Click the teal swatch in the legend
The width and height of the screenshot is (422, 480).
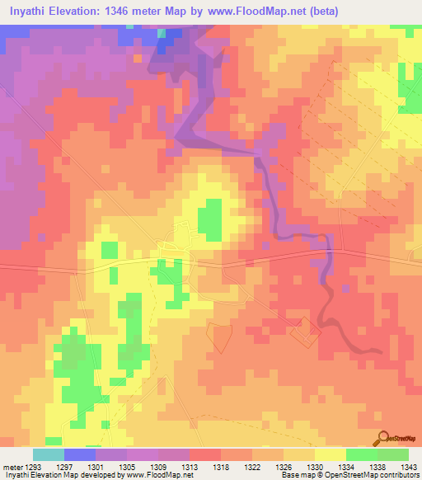tap(48, 454)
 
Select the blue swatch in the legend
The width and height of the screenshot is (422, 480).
tap(79, 454)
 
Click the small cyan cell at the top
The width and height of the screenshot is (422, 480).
tap(162, 34)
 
